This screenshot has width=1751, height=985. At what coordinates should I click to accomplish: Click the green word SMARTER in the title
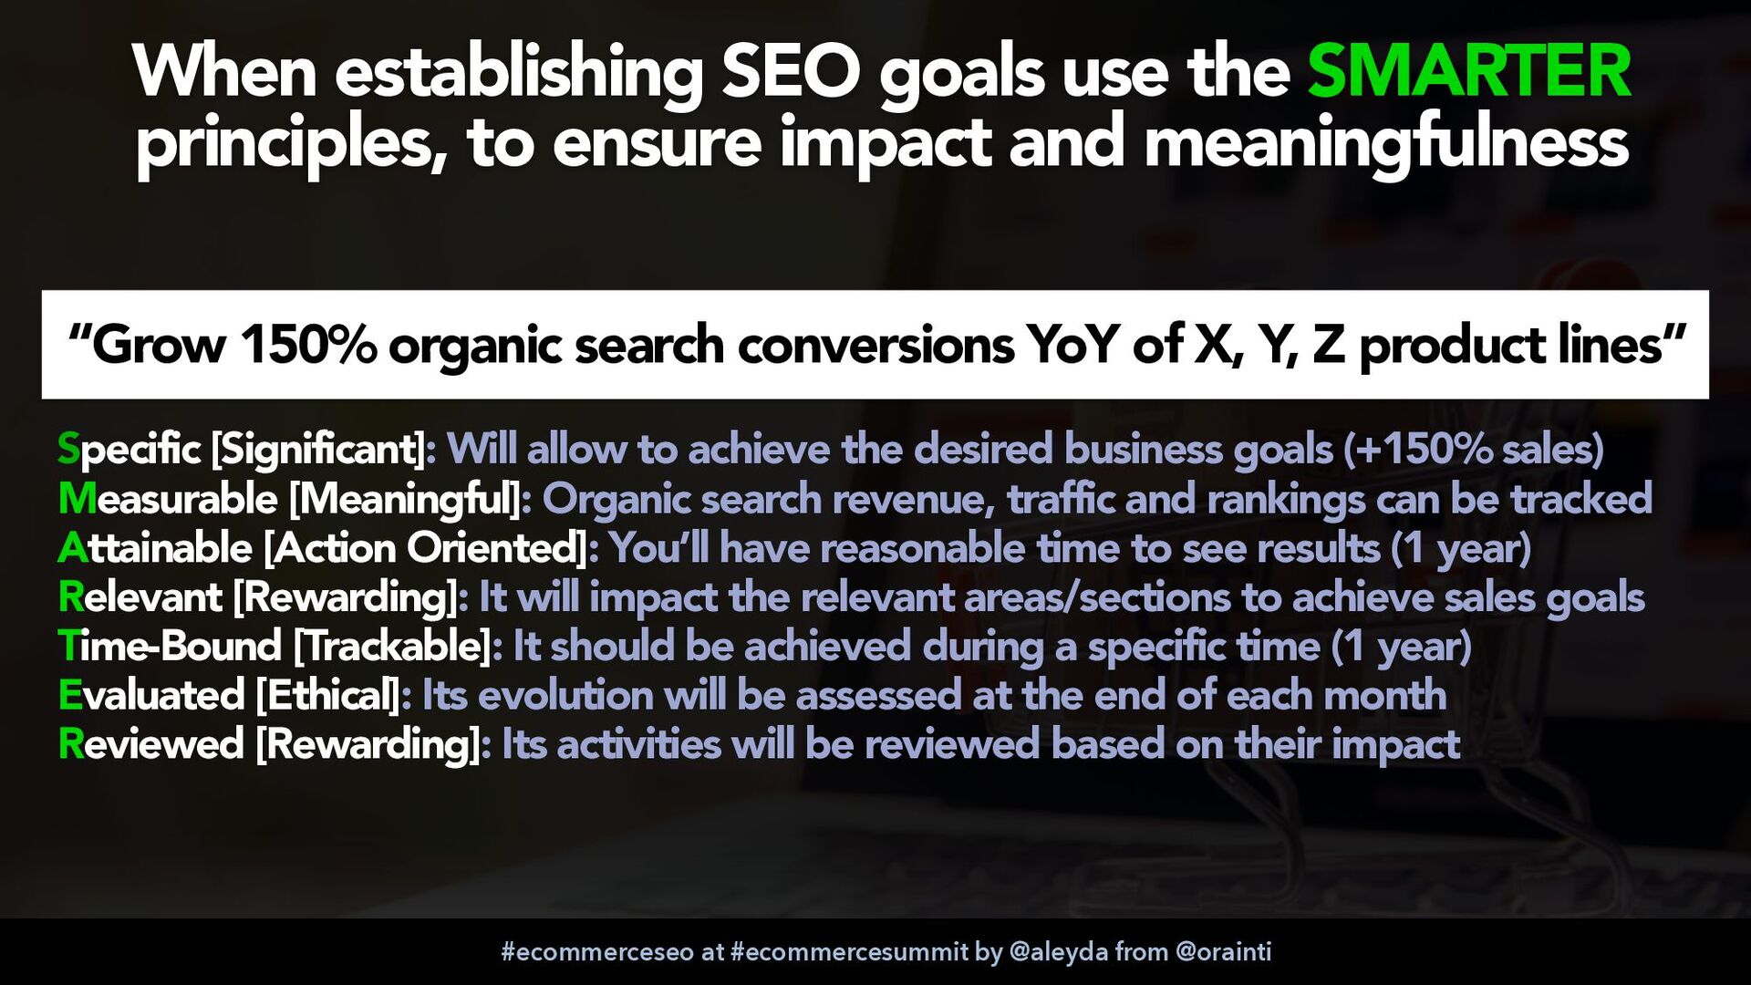tap(1469, 72)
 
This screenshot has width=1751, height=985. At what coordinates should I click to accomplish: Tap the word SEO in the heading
tap(792, 72)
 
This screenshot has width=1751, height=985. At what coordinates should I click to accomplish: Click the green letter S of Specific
tap(68, 449)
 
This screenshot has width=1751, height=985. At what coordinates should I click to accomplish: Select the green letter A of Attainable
tap(72, 548)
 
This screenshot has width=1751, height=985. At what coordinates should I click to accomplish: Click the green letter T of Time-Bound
tap(69, 646)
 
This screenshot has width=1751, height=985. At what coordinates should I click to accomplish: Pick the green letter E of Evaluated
tap(70, 695)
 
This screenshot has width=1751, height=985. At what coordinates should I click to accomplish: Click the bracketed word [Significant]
tap(318, 450)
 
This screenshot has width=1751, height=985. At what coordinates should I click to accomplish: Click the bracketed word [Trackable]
tap(393, 647)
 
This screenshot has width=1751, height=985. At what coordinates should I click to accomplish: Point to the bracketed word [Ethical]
tap(327, 696)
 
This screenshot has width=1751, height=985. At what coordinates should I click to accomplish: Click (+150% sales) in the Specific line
tap(1474, 450)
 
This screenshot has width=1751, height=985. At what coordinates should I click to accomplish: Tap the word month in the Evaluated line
tap(1385, 695)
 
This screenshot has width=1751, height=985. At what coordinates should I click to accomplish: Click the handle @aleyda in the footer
tap(1059, 952)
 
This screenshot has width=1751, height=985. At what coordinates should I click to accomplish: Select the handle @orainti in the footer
tap(1223, 952)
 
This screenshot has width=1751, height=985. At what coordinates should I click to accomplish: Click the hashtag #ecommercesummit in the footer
tap(849, 952)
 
